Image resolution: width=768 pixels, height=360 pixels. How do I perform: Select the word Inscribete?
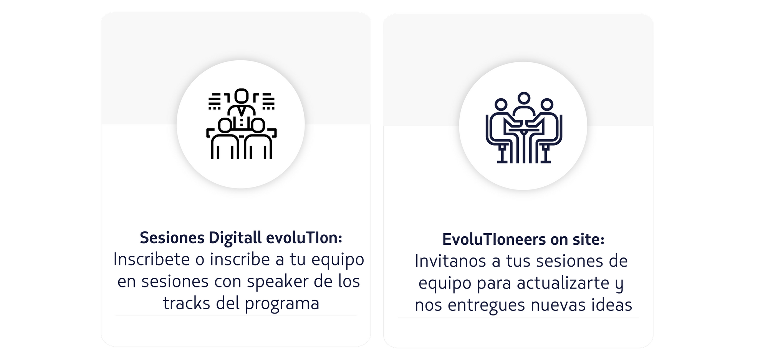pyautogui.click(x=152, y=259)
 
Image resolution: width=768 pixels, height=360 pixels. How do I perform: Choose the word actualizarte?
pyautogui.click(x=563, y=283)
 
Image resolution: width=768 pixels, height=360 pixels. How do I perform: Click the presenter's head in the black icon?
pyautogui.click(x=242, y=96)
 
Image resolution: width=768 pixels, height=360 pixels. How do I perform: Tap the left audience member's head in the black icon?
pyautogui.click(x=225, y=125)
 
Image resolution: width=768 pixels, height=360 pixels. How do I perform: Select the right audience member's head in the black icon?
pyautogui.click(x=257, y=125)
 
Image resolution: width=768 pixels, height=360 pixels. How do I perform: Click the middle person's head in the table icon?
pyautogui.click(x=524, y=98)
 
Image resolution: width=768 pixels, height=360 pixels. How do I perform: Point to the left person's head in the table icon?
pyautogui.click(x=501, y=105)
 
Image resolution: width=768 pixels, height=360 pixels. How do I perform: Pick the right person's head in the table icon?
pyautogui.click(x=546, y=105)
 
